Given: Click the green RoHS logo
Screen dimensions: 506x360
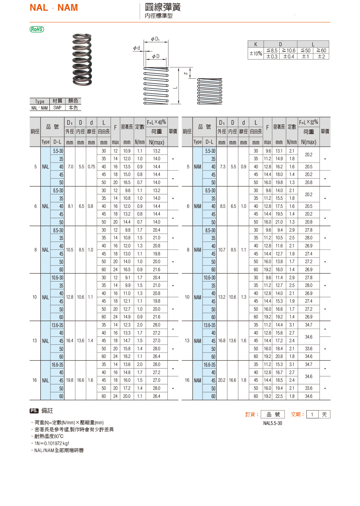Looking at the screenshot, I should [37, 29].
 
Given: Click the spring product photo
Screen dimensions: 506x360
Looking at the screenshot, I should [82, 60].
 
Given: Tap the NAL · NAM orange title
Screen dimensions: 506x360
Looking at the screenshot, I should [54, 8].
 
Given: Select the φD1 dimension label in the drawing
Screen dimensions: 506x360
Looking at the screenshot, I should [155, 39].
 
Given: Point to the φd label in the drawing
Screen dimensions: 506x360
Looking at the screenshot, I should [137, 48].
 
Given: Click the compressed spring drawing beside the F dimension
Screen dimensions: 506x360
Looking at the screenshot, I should [210, 91].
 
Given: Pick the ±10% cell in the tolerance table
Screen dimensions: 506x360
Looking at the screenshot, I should [256, 54].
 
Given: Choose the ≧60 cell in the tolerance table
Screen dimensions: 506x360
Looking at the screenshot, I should [321, 51].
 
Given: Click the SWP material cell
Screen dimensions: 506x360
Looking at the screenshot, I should [57, 108].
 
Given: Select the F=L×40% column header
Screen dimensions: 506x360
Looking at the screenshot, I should [156, 122].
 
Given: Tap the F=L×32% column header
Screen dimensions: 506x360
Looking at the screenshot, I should [308, 122].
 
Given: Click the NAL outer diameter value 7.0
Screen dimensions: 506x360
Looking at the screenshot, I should [70, 167].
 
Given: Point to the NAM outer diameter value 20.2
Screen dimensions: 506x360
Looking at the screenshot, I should [222, 380].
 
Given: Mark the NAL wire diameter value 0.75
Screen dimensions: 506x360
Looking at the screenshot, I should [91, 167].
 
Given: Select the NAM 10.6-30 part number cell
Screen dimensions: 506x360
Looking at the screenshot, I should [209, 278].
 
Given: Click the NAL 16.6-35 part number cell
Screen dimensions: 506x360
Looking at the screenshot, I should [57, 365].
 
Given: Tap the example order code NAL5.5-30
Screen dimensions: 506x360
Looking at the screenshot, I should [273, 423].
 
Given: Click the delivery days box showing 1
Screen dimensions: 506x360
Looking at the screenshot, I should [312, 415].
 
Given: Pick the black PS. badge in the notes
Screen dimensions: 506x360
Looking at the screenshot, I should [34, 411].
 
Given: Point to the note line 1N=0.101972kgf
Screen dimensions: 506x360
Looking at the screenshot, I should [52, 443].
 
